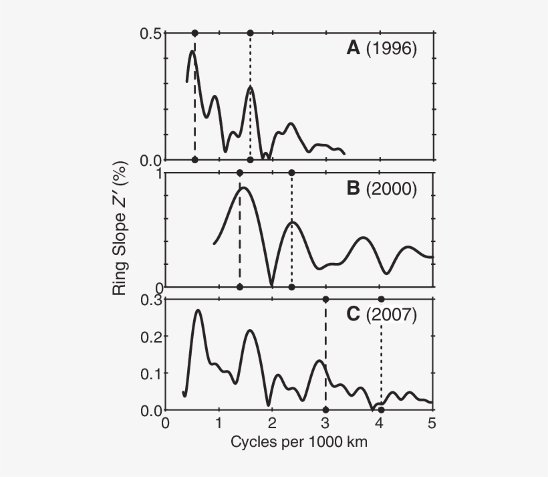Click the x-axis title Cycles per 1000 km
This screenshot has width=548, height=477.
click(299, 442)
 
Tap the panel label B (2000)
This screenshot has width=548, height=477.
click(382, 189)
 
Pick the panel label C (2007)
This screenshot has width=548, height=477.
click(382, 314)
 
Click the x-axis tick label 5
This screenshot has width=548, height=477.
click(432, 423)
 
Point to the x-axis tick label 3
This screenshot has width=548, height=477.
click(325, 423)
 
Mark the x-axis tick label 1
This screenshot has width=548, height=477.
click(219, 423)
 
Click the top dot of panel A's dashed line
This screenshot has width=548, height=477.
click(194, 33)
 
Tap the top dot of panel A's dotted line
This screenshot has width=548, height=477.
click(250, 33)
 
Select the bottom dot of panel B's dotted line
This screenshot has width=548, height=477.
click(291, 287)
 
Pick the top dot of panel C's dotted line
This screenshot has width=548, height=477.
click(381, 299)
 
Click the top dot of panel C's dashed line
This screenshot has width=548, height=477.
click(325, 299)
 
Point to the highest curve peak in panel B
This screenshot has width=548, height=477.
click(243, 188)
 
